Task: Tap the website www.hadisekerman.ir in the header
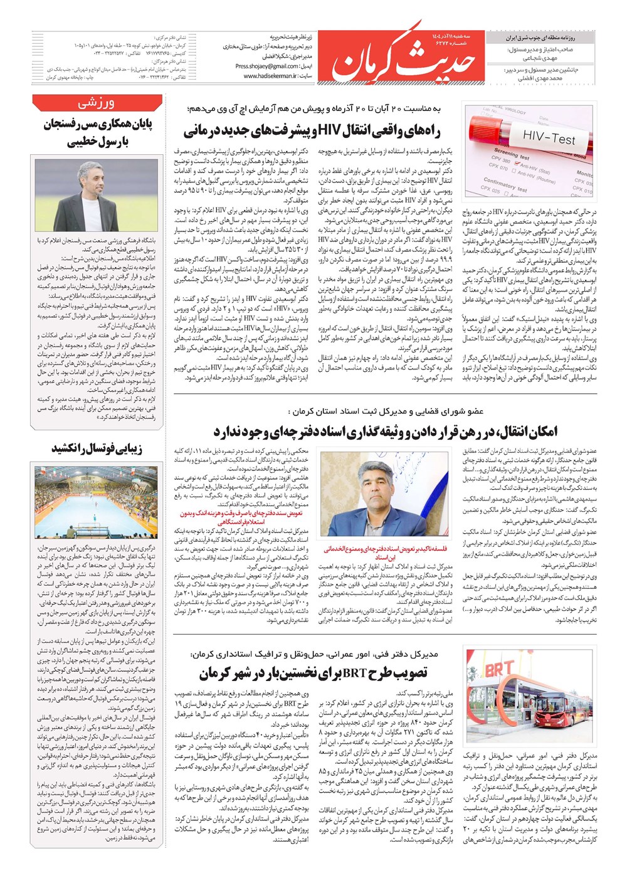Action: pyautogui.click(x=270, y=76)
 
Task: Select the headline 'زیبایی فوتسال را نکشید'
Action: pyautogui.click(x=97, y=448)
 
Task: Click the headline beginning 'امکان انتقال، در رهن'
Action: pyautogui.click(x=385, y=431)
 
